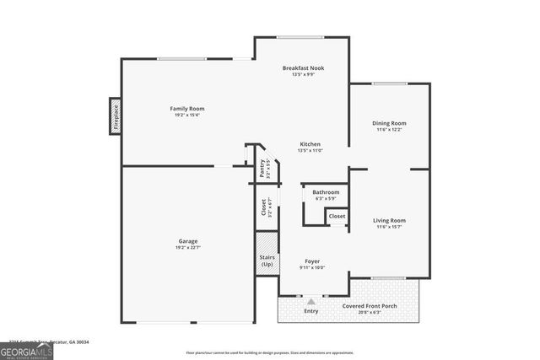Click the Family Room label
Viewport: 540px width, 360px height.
[x=187, y=109]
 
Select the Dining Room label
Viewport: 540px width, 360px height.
[x=390, y=124]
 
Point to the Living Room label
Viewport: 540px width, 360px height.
[x=390, y=221]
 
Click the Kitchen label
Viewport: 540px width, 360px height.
[x=310, y=144]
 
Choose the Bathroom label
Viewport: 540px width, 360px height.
[x=327, y=192]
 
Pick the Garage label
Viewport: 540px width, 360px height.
[x=187, y=241]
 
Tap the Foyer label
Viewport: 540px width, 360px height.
[x=313, y=261]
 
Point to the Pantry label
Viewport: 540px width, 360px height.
[x=263, y=169]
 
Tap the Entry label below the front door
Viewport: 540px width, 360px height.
[x=311, y=312]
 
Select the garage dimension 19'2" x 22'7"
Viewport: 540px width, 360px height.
[x=187, y=248]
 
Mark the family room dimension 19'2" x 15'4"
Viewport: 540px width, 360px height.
[x=187, y=116]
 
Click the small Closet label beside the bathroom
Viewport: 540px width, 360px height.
[x=337, y=217]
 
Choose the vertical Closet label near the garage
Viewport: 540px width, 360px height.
[x=263, y=207]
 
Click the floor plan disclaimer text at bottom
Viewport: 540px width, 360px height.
[x=270, y=352]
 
